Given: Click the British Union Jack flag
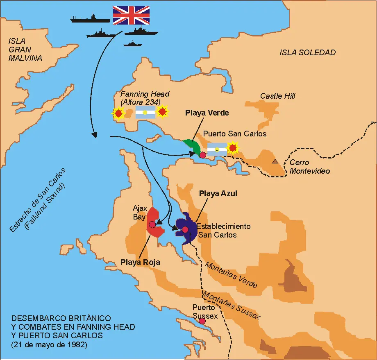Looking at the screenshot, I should [131, 15].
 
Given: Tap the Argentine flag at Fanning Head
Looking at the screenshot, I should [145, 112].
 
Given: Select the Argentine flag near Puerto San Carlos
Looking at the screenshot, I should [217, 149].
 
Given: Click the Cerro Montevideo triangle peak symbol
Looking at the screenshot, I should [275, 161].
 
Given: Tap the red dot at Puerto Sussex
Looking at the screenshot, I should [202, 321].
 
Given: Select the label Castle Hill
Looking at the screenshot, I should [277, 96].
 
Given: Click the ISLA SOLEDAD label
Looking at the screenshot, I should [307, 52].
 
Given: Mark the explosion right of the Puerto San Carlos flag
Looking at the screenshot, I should [233, 147].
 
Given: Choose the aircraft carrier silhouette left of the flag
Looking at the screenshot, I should [90, 18].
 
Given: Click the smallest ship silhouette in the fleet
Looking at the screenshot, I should [132, 43].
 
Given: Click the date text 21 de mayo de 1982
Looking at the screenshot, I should [49, 344].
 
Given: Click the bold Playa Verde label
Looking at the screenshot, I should [207, 112].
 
